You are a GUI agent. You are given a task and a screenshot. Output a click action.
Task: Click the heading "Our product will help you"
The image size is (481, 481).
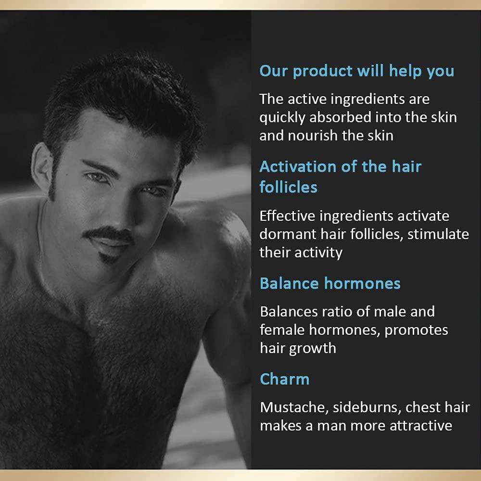coord(356,71)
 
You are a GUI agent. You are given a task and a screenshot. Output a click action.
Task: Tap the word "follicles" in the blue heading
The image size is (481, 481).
coord(288,187)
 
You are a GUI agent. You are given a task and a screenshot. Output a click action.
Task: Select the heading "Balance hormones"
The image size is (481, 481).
coord(330,283)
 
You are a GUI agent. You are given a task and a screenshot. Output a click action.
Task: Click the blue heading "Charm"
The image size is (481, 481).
coord(284,379)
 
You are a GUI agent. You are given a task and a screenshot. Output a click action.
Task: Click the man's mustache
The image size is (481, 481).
coord(108,234)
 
